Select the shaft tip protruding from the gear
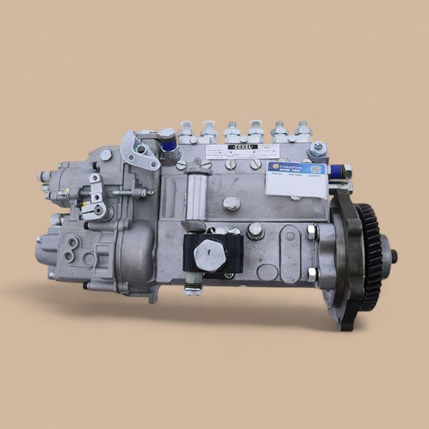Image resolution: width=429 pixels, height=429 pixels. pos(393,257)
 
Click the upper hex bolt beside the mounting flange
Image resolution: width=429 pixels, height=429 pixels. pos(311,232)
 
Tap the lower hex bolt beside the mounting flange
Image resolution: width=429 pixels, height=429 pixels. pos(311,273)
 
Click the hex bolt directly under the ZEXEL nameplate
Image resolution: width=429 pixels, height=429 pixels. pos(232,203)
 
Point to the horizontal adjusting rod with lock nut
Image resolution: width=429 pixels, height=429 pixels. pos(132,192)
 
